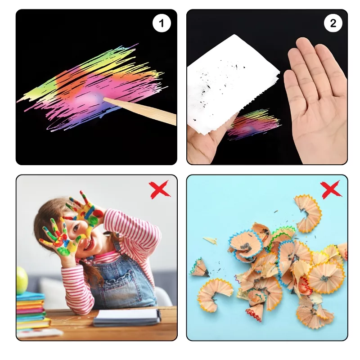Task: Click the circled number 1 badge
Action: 162,23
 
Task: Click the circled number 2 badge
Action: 333,23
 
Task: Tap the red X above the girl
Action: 160,189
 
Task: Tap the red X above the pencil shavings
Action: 331,189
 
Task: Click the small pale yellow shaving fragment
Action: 210,240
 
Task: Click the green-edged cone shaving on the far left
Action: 199,267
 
